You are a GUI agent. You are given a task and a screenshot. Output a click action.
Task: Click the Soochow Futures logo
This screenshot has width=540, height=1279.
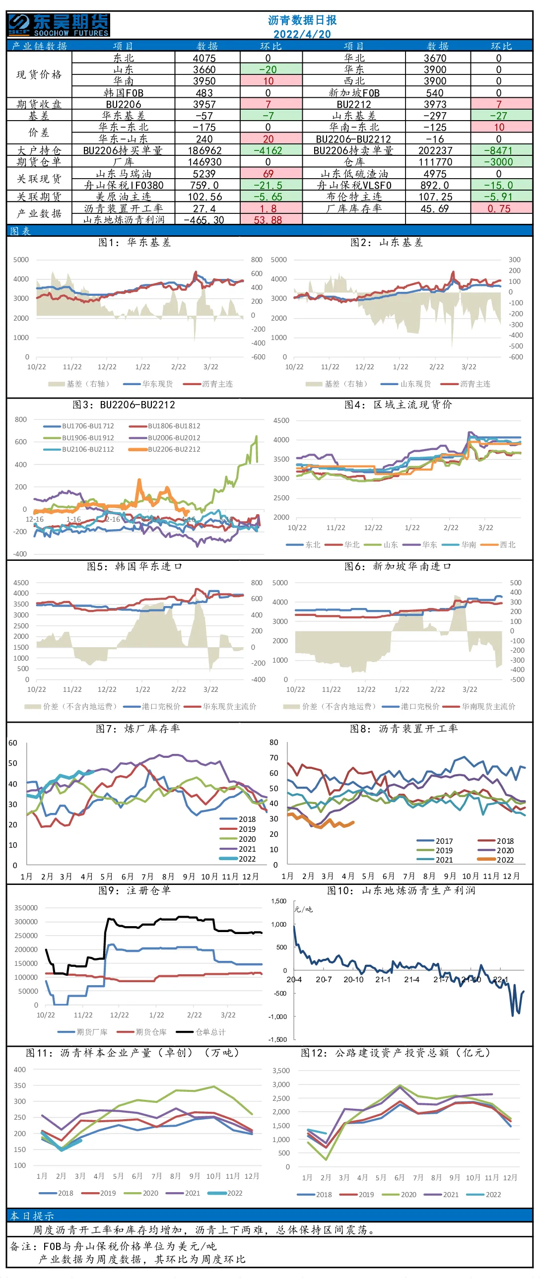(59, 25)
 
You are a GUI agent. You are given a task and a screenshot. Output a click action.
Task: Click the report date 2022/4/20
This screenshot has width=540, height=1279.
(302, 34)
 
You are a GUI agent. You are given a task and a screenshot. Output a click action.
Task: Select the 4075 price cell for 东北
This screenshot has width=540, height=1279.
(204, 58)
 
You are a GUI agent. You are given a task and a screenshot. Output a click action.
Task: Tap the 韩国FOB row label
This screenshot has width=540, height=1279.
(124, 93)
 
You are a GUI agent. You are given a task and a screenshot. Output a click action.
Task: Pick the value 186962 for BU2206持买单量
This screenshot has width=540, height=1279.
(204, 150)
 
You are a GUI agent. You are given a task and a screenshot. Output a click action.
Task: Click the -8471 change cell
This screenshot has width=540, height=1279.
(501, 150)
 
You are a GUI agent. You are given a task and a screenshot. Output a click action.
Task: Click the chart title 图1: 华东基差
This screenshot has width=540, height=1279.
(135, 242)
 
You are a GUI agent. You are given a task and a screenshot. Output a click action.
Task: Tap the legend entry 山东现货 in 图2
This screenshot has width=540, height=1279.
(406, 384)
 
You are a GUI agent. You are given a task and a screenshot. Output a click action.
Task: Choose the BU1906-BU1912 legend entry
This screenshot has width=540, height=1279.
(79, 438)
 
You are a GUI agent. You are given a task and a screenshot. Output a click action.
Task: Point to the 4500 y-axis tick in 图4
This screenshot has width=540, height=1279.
(281, 420)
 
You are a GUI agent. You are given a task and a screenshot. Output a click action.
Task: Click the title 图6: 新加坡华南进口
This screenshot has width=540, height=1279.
(398, 566)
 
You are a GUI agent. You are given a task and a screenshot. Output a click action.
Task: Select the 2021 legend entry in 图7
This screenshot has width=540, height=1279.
(238, 849)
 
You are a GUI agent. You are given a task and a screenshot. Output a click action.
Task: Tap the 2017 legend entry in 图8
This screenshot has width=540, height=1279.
(435, 841)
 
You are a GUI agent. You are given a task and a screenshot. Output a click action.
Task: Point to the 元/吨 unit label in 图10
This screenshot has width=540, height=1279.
(303, 910)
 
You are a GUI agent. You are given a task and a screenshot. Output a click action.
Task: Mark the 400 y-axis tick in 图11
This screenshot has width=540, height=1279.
(20, 1070)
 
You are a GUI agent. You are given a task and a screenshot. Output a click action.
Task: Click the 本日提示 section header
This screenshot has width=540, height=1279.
(32, 1216)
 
